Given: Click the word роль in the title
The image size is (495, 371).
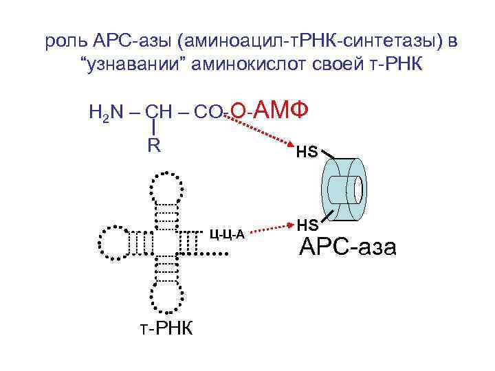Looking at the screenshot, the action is point(66,42).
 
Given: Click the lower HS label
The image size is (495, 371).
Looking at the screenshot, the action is point(306,224).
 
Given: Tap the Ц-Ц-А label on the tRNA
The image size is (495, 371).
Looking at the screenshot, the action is point(228,236).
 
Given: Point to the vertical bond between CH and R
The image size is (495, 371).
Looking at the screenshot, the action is point(153,127).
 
